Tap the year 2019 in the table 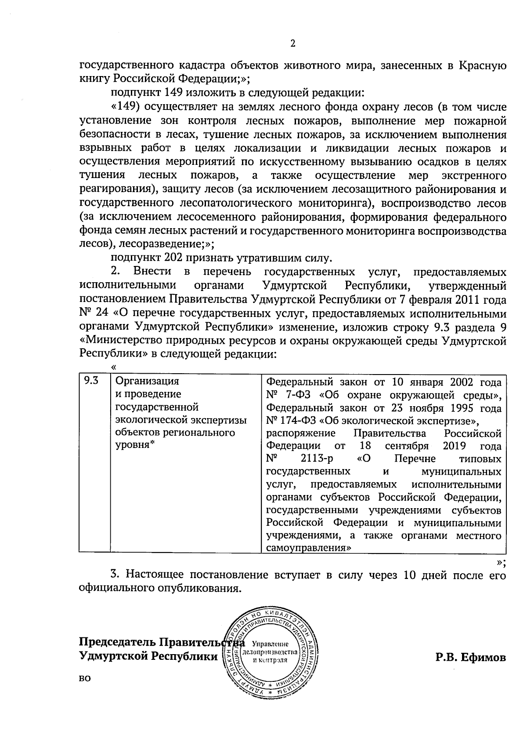(457, 446)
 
